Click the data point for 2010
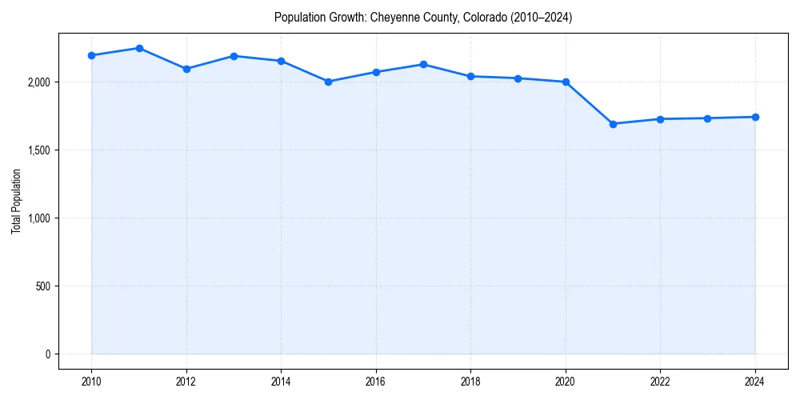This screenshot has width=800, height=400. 91,55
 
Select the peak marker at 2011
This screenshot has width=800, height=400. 139,48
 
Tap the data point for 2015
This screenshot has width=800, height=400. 329,82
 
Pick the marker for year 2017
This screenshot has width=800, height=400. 423,64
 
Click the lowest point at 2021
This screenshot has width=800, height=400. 613,124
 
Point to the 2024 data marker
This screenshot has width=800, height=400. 755,117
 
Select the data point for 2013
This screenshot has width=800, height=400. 234,56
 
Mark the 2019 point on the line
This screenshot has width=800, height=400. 518,78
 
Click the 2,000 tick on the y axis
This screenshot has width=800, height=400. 38,82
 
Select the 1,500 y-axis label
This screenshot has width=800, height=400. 38,150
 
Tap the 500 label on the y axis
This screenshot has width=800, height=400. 43,286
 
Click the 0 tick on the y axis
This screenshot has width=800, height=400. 48,354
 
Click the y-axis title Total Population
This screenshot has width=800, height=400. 16,201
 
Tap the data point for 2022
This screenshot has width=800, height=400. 660,119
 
